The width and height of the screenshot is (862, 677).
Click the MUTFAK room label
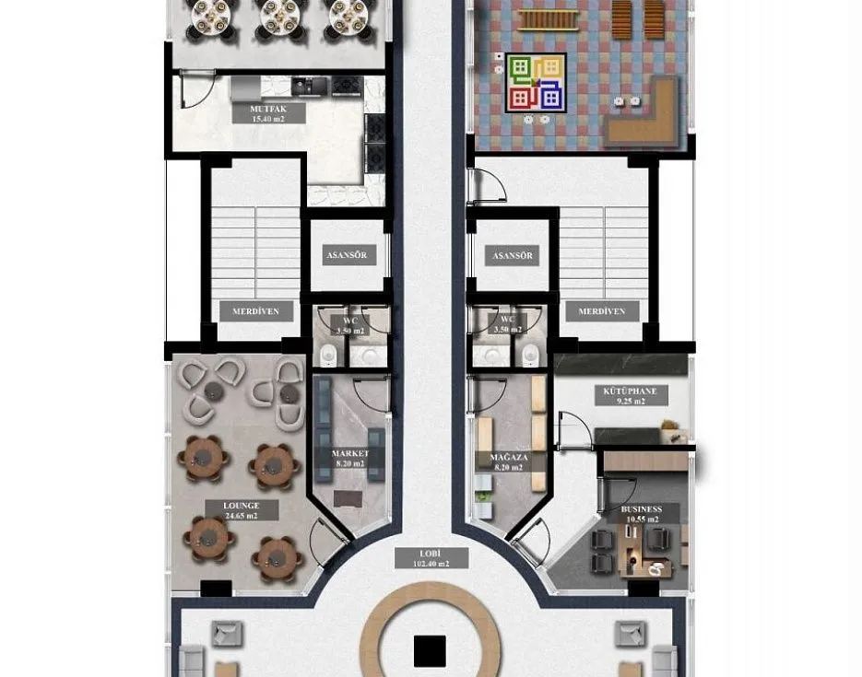(268, 109)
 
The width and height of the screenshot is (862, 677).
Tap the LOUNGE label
(241, 506)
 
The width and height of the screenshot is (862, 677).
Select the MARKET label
(350, 454)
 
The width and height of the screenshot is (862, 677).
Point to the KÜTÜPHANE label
(630, 391)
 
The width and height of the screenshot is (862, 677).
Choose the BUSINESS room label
(641, 509)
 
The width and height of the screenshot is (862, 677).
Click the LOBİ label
(431, 554)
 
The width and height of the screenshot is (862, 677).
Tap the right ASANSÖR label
(514, 256)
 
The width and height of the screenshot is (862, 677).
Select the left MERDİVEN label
(255, 311)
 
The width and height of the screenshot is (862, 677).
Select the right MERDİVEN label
(602, 311)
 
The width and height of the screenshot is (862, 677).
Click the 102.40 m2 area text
(431, 564)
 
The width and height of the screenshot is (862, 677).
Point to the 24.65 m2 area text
(241, 517)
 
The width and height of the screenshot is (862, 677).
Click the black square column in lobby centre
(430, 651)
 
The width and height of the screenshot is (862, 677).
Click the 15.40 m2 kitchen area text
(268, 119)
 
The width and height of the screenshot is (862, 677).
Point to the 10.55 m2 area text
(641, 520)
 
